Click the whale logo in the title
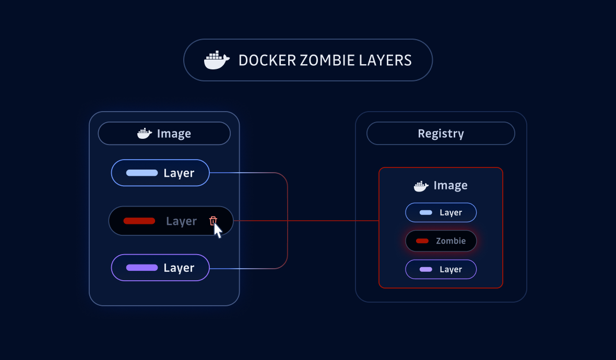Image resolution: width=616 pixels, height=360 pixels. click(x=216, y=61)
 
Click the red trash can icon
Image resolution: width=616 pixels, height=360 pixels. click(x=213, y=221)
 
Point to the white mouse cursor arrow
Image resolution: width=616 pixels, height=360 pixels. click(x=218, y=230)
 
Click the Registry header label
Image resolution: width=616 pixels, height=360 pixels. click(x=441, y=134)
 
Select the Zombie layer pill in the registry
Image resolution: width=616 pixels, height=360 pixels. click(x=441, y=241)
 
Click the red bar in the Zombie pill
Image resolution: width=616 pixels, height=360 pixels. click(x=422, y=241)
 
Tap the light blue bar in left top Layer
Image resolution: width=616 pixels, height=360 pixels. click(x=142, y=173)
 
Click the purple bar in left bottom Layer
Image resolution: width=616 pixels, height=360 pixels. click(x=142, y=268)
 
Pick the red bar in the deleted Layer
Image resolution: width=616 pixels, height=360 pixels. click(x=139, y=221)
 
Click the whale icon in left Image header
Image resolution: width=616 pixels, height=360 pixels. click(x=145, y=134)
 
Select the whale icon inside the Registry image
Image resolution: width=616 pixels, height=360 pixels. click(x=421, y=186)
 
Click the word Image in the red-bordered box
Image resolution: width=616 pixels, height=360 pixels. click(x=450, y=186)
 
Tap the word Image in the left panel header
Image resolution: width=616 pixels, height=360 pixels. click(x=174, y=134)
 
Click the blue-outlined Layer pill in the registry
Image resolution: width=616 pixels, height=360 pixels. click(x=441, y=212)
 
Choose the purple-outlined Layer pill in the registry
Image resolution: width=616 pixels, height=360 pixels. click(x=441, y=269)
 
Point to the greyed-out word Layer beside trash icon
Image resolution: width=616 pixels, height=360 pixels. click(x=181, y=221)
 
